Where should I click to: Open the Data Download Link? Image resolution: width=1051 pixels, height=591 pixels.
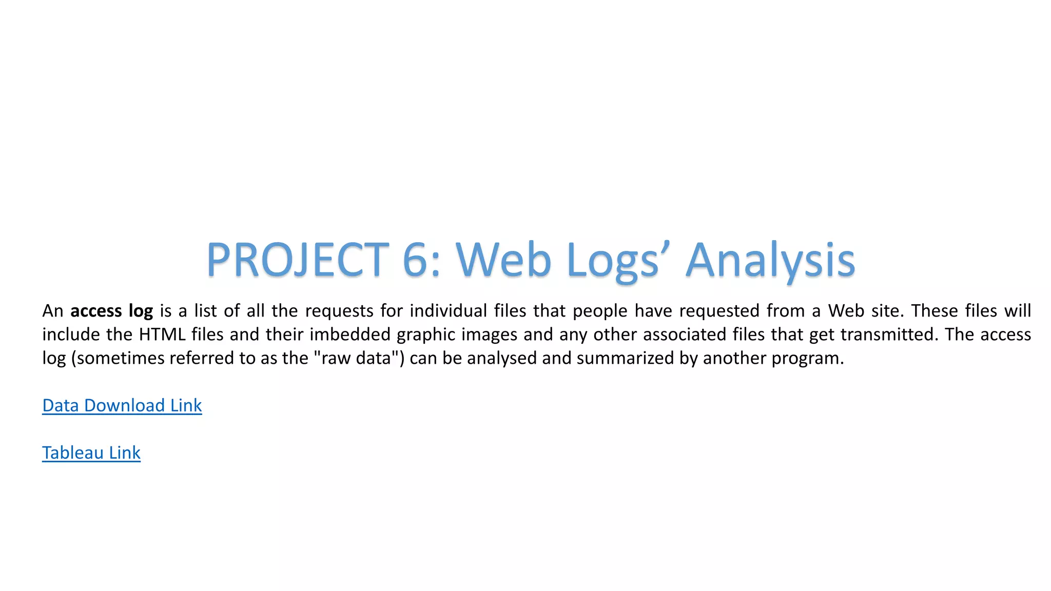[122, 405]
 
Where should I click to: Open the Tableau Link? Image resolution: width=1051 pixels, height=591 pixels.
[91, 452]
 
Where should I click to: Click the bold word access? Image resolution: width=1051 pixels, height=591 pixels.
[96, 311]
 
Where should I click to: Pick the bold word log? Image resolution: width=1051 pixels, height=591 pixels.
[141, 311]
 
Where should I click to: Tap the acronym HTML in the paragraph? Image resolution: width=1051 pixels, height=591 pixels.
[162, 334]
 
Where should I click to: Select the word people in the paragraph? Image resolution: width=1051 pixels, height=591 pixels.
[600, 311]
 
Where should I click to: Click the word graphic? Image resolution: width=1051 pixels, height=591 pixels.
[426, 334]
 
